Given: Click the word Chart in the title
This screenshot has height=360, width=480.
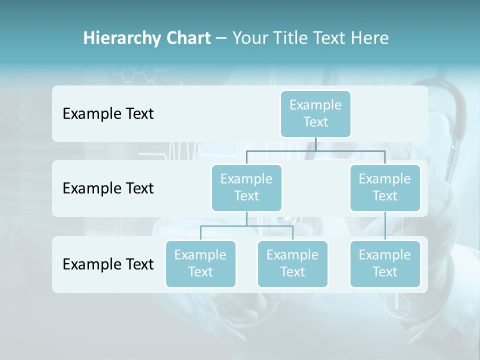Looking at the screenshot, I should tap(188, 38).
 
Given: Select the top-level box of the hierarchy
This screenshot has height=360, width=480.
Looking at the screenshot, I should tap(315, 113).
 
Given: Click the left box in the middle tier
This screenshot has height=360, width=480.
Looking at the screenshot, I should tap(246, 187).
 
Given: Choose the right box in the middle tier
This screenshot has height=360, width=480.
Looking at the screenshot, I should tap(385, 187).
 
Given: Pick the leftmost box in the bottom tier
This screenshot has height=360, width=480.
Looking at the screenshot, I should tap(200, 263).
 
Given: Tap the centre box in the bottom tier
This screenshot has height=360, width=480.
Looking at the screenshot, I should tap(292, 263).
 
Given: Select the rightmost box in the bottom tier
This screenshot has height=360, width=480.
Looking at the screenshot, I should tap(385, 263).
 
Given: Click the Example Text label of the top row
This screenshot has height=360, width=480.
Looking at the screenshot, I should tap(108, 114).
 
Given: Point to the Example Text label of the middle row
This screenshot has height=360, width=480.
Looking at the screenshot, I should tap(108, 188).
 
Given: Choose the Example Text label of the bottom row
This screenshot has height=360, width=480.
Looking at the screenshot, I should tap(108, 264).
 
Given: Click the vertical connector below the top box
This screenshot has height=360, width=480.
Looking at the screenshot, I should tap(315, 144).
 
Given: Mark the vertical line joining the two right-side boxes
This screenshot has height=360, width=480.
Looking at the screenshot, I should tap(385, 226).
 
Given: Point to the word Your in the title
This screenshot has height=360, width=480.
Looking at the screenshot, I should tap(250, 38).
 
